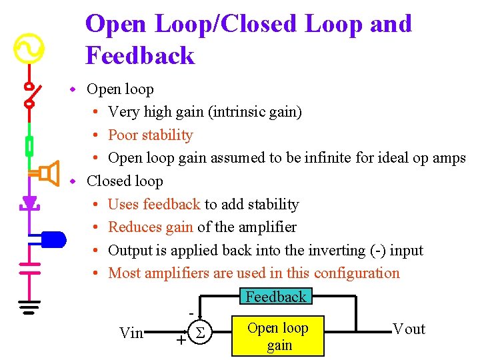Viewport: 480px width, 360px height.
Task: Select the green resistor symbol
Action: point(30,145)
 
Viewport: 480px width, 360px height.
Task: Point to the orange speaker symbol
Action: point(47,173)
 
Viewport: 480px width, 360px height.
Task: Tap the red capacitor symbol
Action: point(30,267)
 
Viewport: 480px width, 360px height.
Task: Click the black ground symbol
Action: point(29,306)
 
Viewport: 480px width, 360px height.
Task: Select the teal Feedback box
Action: point(275,297)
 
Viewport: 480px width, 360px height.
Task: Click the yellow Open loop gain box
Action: point(278,336)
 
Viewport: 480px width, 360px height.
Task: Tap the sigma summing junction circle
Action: point(198,331)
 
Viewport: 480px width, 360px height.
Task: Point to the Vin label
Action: point(131,333)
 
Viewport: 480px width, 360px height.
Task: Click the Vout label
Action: point(409,329)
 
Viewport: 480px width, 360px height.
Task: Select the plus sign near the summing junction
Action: point(180,341)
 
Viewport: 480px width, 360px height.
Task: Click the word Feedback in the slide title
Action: point(140,55)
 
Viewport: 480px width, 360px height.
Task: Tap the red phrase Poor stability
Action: point(150,135)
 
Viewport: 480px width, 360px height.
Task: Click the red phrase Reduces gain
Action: point(150,227)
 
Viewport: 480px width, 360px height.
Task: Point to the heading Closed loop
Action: point(125,181)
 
